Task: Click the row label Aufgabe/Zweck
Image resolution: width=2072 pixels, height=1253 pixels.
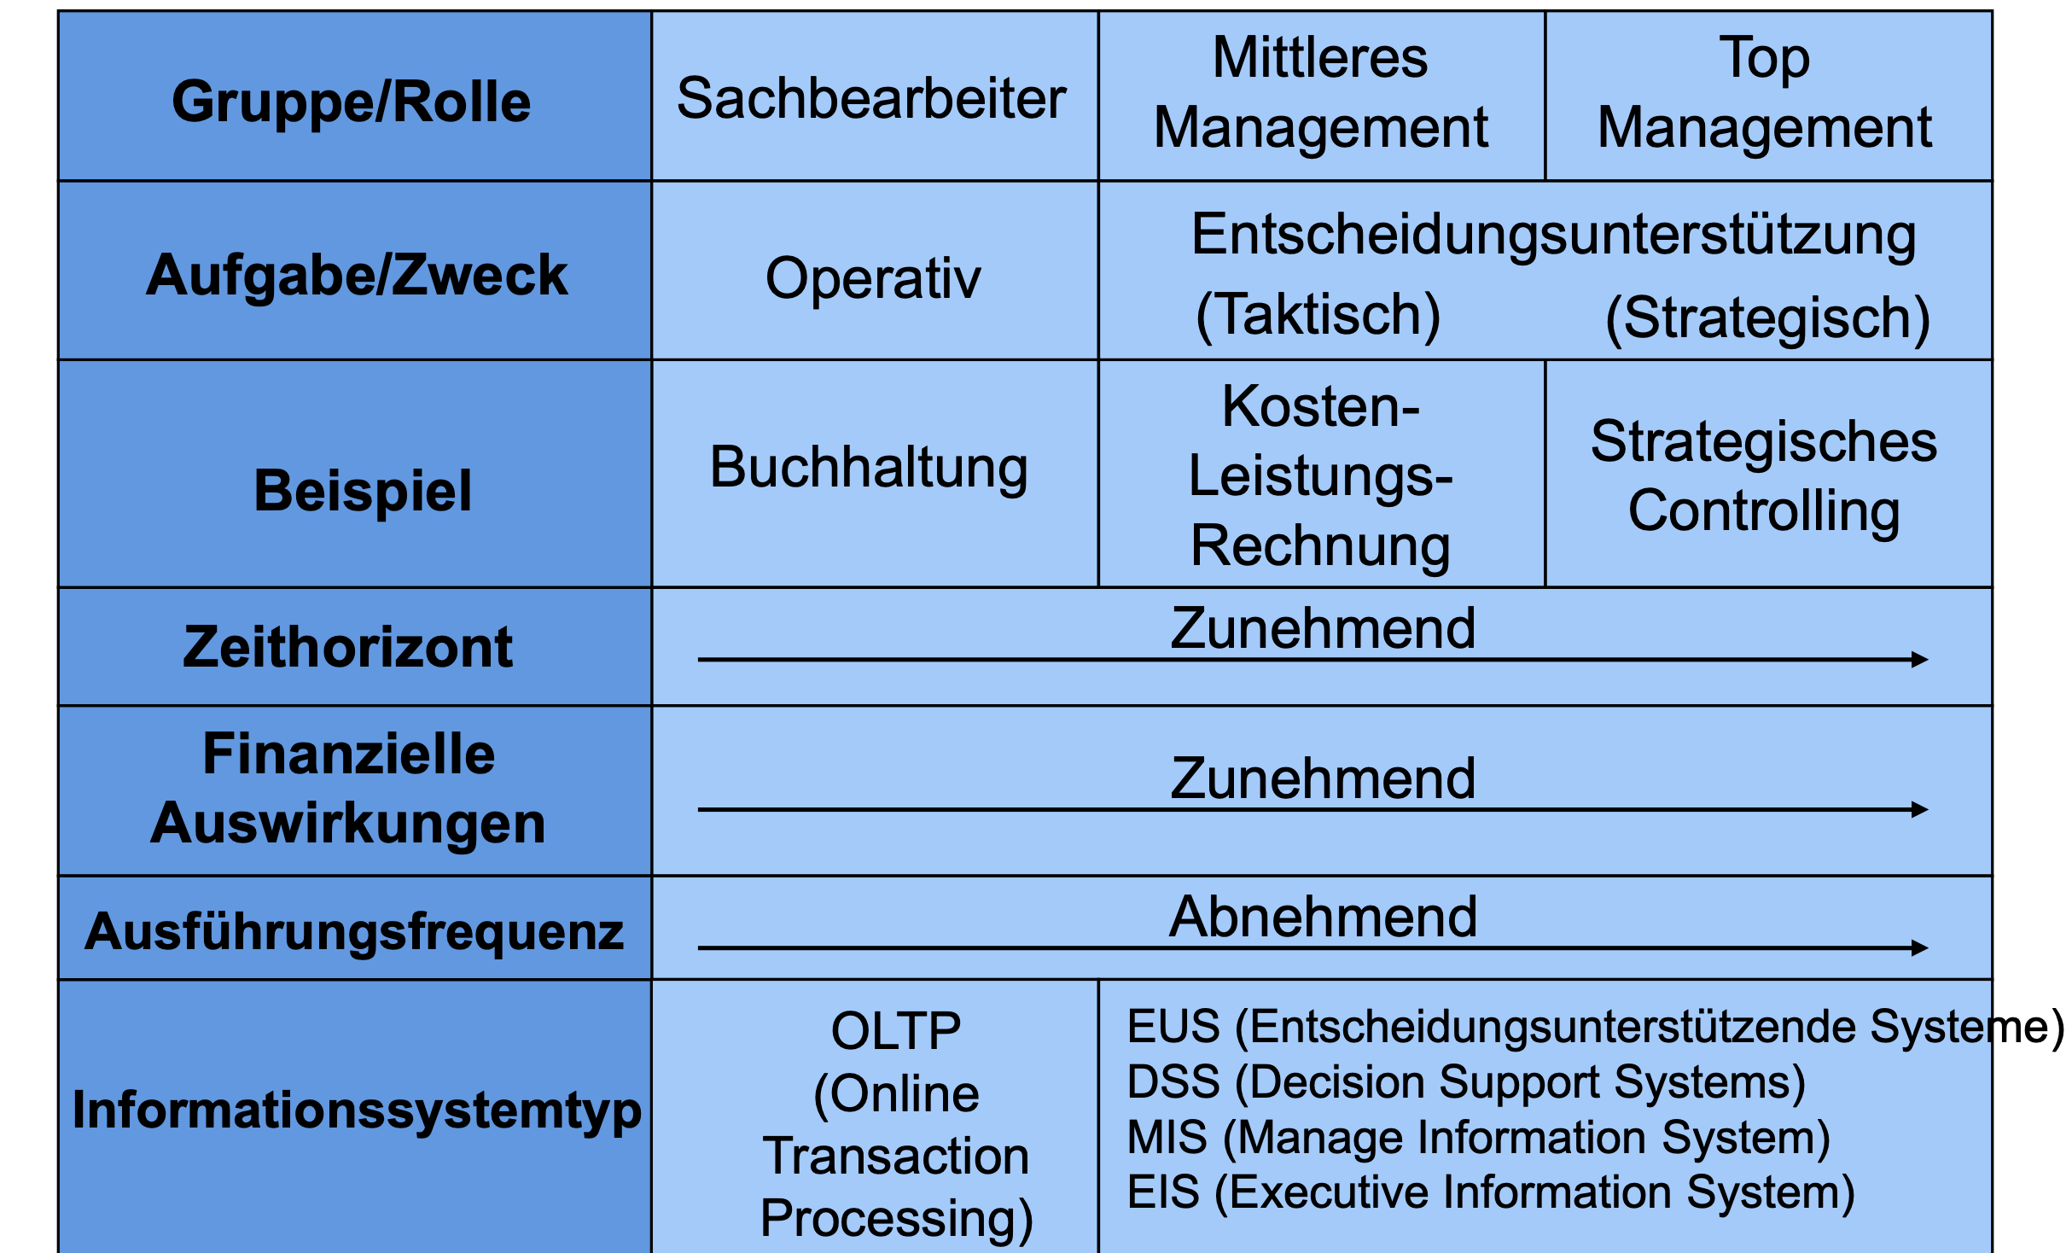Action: tap(357, 276)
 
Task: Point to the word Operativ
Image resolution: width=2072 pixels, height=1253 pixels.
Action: tap(873, 279)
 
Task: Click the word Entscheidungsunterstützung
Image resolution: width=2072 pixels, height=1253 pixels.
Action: tap(1554, 235)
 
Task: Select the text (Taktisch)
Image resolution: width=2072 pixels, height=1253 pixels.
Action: tap(1318, 315)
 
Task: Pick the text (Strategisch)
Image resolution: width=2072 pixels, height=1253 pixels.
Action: tap(1768, 318)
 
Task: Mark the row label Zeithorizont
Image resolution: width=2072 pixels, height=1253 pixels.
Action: tap(348, 647)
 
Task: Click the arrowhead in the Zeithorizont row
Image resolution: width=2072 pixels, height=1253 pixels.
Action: tap(1919, 659)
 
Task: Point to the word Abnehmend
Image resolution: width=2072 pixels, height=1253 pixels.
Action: tap(1323, 917)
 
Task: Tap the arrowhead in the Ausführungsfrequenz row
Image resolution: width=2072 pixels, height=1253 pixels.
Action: tap(1919, 947)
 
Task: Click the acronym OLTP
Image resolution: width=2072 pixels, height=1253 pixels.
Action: tap(896, 1030)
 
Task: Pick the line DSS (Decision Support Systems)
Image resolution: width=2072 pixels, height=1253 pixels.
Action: tap(1466, 1082)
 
